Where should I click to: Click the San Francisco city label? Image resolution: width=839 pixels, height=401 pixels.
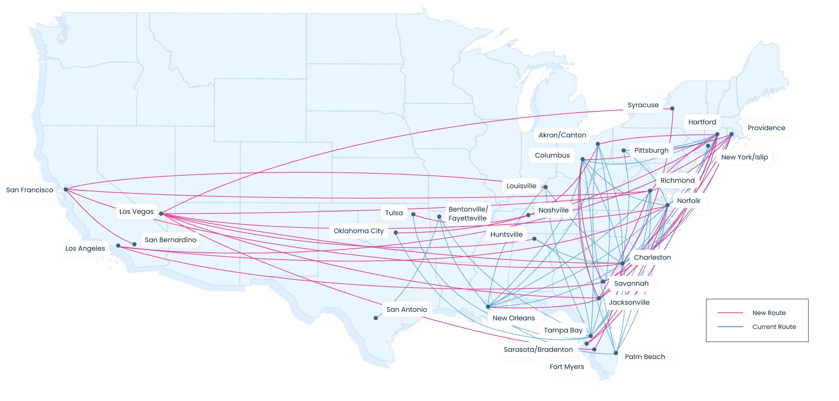point(30,190)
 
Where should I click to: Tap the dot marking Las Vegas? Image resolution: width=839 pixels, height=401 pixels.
point(161,214)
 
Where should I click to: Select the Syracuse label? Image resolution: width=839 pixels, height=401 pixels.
point(643,105)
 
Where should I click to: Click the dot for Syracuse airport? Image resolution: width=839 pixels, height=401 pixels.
point(672,109)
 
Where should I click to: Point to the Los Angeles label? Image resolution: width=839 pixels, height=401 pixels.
point(85,248)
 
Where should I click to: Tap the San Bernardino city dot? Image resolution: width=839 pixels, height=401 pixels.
point(134,244)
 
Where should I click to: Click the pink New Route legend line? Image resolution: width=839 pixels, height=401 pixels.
point(730,313)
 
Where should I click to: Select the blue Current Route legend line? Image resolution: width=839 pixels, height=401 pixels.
point(730,327)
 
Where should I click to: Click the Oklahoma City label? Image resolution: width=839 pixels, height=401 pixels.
point(358,231)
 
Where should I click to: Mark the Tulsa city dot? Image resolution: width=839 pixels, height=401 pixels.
point(413,214)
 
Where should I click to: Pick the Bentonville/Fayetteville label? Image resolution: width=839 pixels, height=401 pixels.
point(468,214)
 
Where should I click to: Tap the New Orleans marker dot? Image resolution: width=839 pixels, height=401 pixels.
point(488,307)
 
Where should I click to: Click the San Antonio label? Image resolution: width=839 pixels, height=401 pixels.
point(406,309)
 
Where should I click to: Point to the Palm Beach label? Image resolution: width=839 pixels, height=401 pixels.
point(645,357)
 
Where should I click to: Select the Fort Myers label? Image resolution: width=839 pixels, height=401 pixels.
point(566,367)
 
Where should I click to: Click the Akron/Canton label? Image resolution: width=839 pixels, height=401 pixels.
point(562,135)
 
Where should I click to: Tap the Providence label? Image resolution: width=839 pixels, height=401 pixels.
point(766,128)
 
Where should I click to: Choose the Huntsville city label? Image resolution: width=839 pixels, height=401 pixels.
point(506,234)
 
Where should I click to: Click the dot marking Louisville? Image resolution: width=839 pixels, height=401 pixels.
point(545,187)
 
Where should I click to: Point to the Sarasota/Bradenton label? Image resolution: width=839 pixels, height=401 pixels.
point(538,349)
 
